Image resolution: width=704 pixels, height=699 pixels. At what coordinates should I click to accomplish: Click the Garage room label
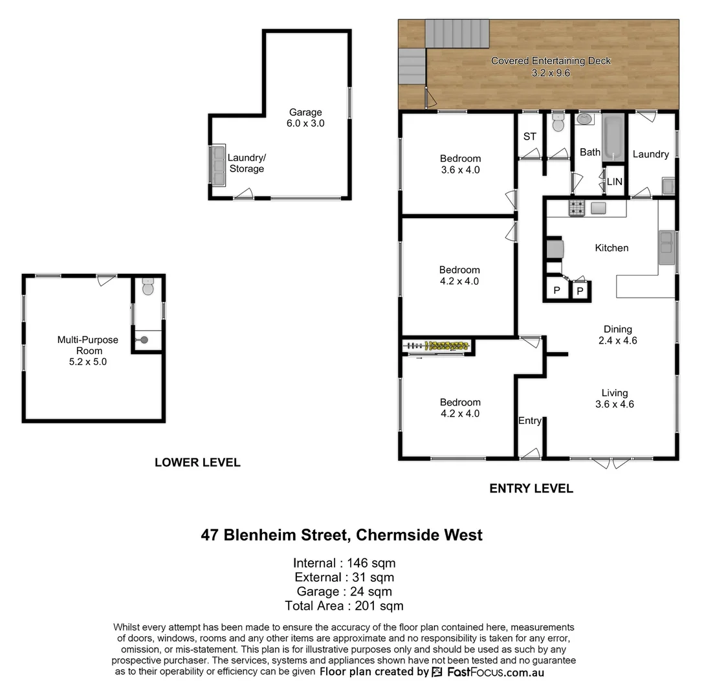305,117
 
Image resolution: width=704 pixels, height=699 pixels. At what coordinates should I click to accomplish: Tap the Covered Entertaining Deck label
551,67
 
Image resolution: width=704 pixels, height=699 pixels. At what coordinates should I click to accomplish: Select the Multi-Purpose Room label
87,351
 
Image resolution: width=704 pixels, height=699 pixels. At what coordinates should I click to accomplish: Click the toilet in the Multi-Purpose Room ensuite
148,287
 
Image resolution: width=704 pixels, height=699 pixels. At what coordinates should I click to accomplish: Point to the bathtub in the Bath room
612,138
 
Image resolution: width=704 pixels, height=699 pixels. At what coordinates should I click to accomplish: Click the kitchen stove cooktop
576,208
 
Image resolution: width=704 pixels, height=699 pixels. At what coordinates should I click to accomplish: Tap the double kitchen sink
666,247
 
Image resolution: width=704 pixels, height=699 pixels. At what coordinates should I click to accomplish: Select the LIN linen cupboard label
614,182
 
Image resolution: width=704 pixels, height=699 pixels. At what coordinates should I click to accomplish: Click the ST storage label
529,137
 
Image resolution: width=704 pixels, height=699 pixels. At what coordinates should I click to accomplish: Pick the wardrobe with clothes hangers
438,346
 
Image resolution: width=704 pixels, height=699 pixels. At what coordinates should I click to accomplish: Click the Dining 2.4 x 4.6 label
617,335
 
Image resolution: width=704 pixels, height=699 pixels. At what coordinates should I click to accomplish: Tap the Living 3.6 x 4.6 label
614,398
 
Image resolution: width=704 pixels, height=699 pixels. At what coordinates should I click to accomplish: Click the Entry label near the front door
529,421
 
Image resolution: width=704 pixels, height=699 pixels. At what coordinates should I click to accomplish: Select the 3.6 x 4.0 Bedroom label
460,164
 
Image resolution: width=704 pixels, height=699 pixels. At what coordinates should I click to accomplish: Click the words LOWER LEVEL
197,462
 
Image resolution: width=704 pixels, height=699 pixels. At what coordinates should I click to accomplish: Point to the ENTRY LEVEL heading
531,489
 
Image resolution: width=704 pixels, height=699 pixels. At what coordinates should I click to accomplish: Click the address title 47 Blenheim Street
342,535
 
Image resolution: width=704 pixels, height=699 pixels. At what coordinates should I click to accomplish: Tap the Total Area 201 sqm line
344,606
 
